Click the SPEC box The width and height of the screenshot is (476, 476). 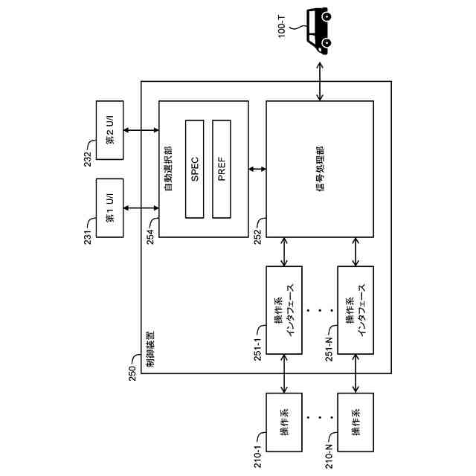point(195,169)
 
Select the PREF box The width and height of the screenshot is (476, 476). point(222,169)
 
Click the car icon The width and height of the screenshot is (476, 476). point(318,30)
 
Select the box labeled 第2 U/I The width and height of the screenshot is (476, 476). point(109,130)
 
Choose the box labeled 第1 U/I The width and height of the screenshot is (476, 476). point(109,208)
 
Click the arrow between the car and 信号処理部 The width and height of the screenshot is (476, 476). point(320,81)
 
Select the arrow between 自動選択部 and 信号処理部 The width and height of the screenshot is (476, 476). point(257,169)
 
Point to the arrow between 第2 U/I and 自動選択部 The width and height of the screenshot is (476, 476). point(141,130)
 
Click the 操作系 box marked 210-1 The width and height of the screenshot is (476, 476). point(284,422)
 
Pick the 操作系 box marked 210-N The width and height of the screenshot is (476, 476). point(356,422)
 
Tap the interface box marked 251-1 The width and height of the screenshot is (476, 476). point(284,310)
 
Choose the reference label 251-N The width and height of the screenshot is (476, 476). point(329,349)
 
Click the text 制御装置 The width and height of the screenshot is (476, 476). point(150,350)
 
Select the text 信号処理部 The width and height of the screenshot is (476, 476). point(320,169)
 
